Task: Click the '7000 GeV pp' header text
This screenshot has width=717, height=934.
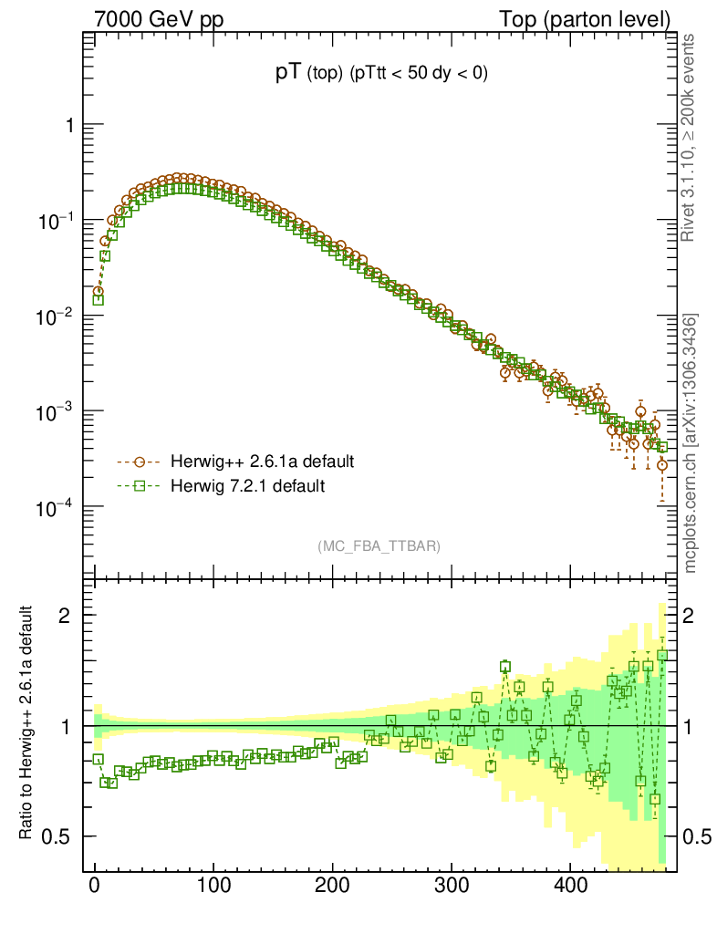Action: click(151, 18)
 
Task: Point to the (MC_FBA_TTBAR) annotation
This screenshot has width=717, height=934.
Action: click(379, 546)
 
